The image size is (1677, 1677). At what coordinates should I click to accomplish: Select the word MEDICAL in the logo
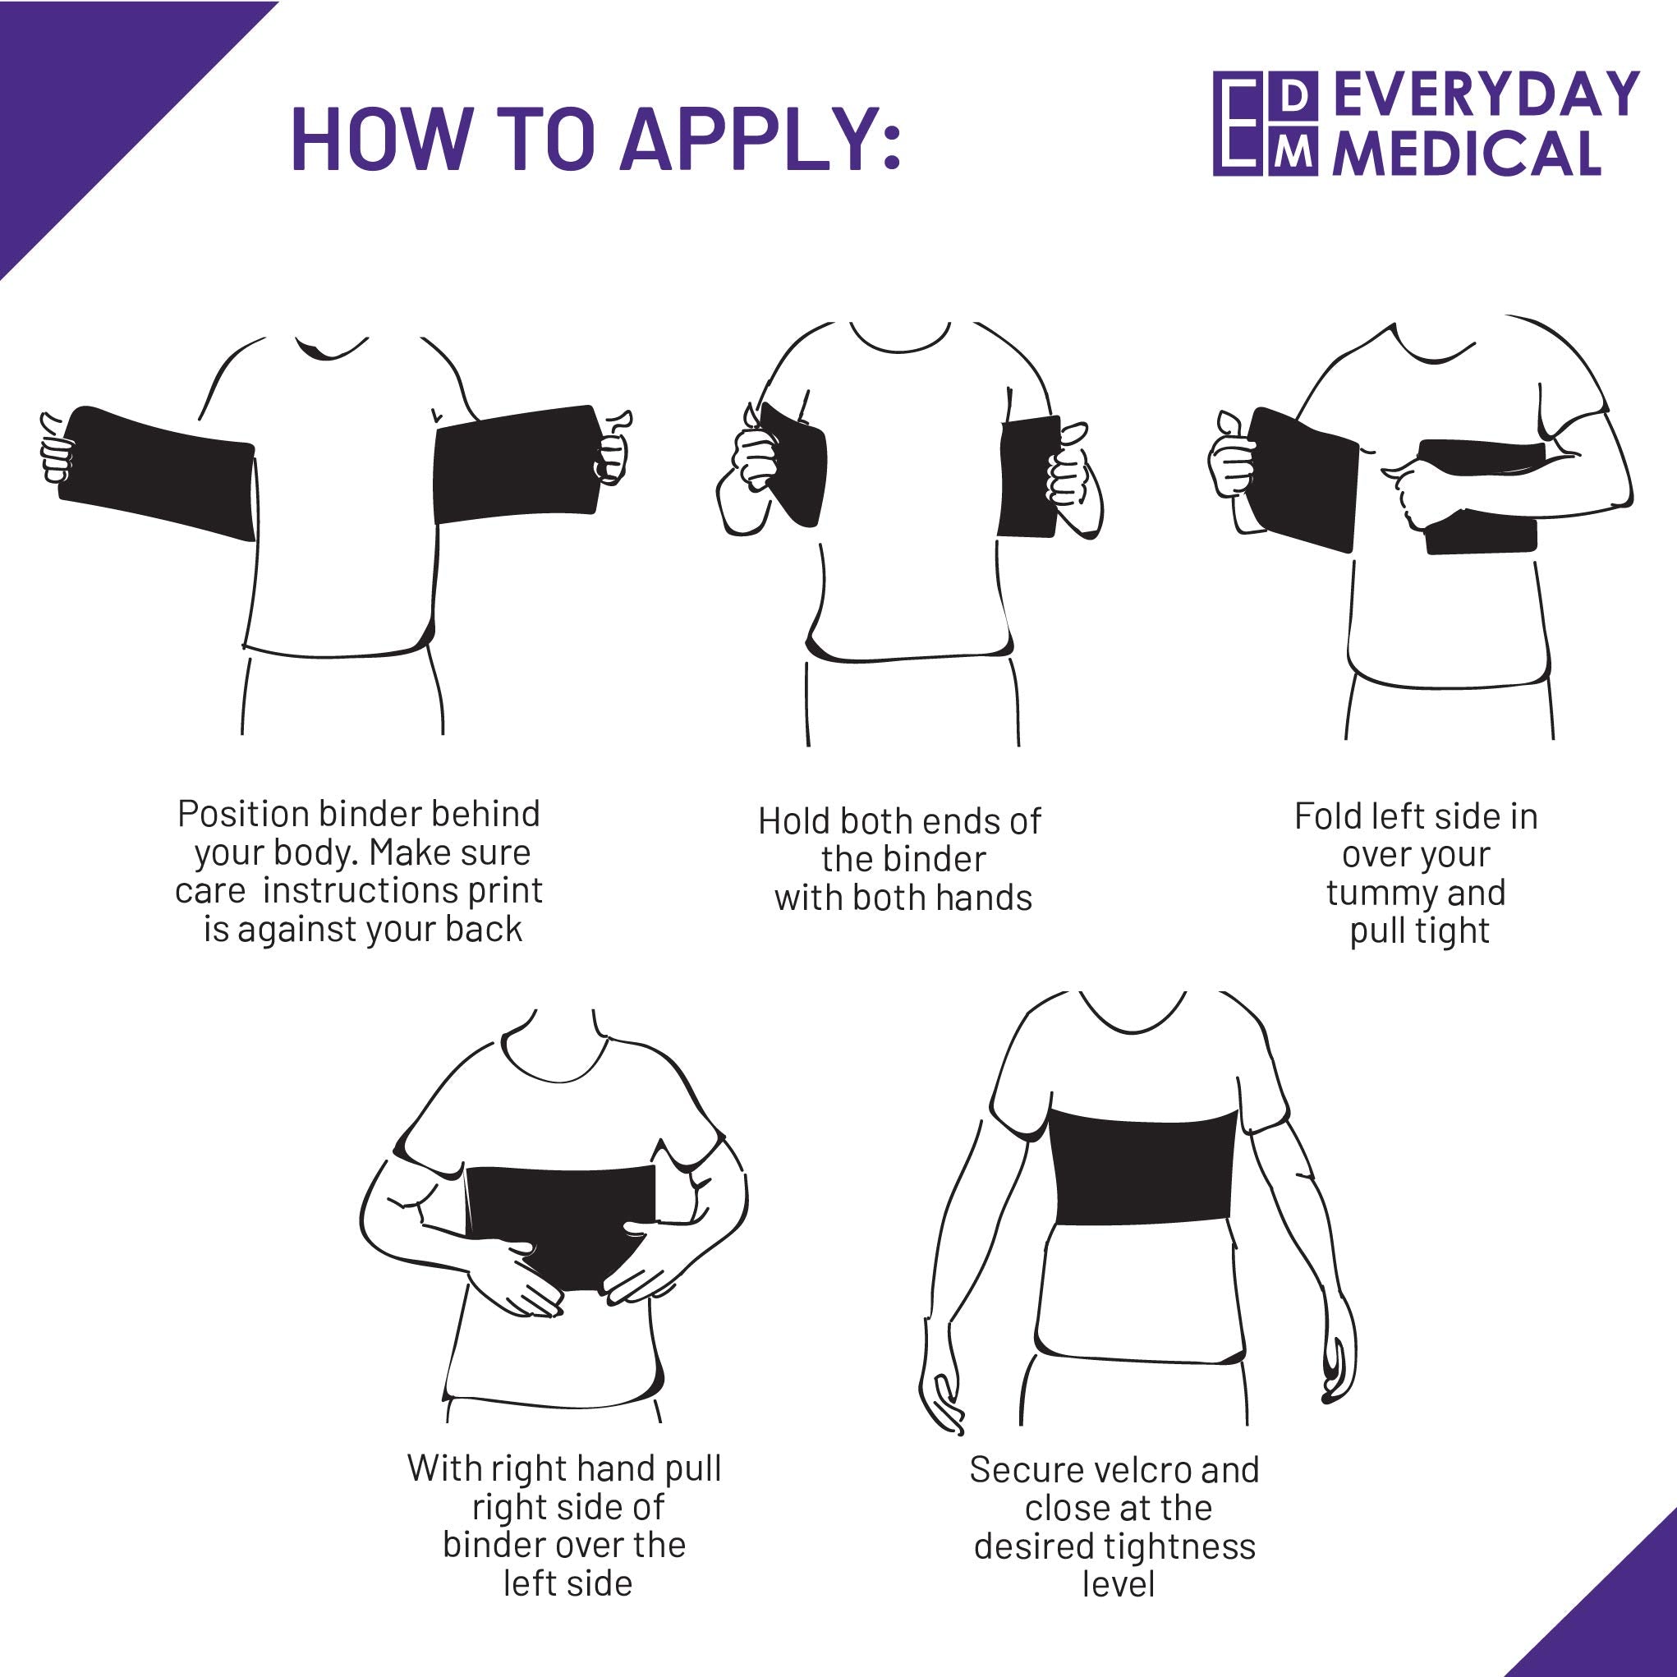point(1467,154)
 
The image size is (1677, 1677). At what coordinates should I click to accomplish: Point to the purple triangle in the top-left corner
point(87,87)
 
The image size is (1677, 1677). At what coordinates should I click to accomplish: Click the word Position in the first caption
point(242,815)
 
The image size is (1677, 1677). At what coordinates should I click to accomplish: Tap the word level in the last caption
point(1119,1585)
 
